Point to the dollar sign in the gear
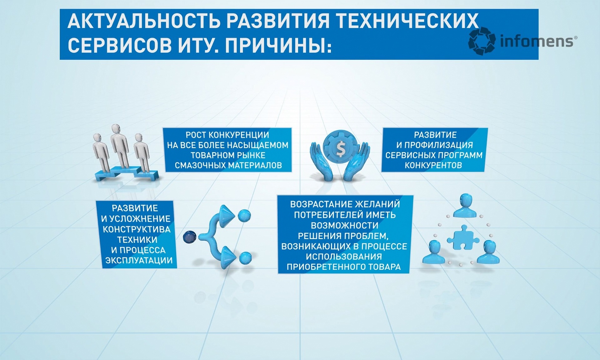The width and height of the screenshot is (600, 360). (341, 149)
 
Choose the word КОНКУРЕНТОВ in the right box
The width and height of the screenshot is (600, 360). (433, 165)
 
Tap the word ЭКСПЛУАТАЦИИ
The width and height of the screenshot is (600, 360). (139, 261)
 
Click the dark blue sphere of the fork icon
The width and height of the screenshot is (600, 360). (190, 237)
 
